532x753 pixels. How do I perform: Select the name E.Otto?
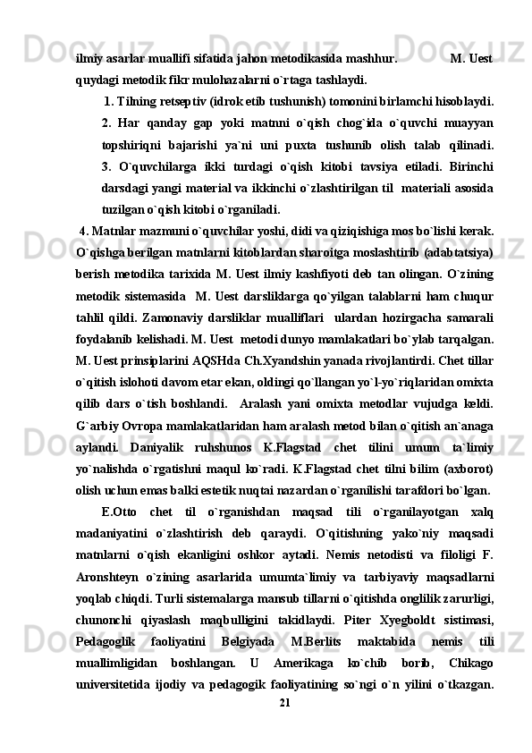coord(120,512)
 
